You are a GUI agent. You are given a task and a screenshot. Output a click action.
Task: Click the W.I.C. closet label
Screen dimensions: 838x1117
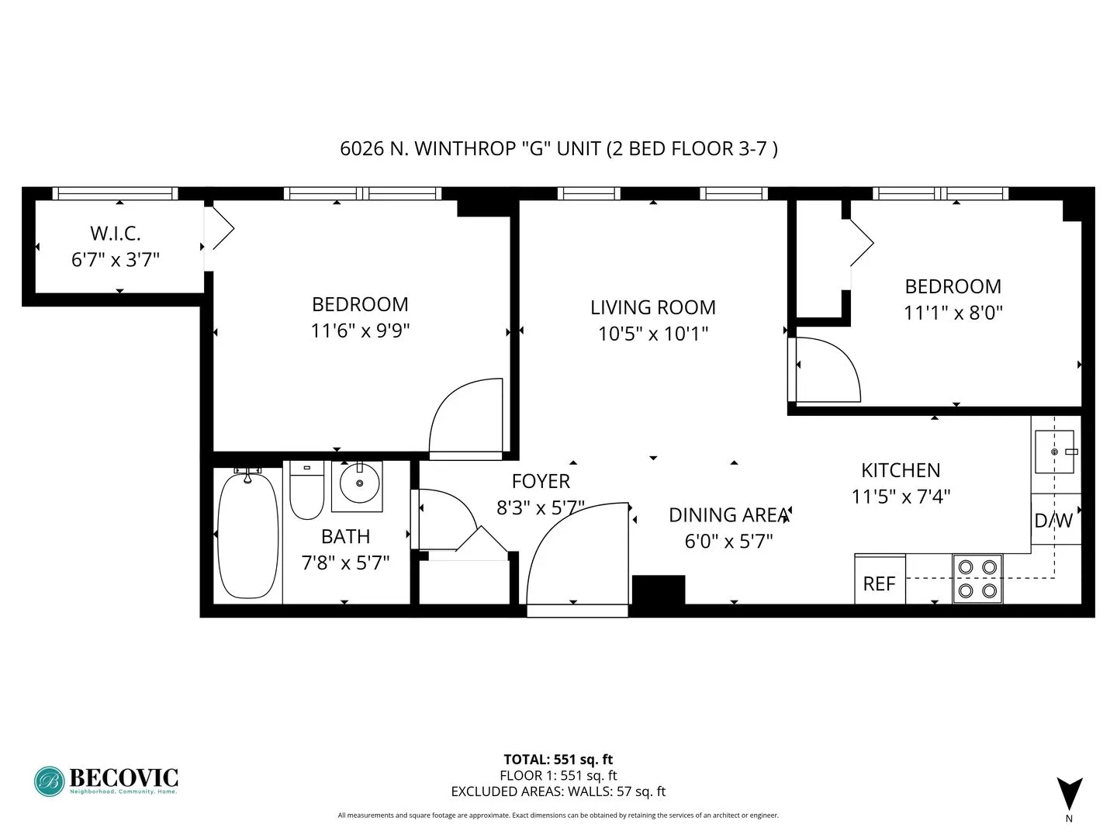coord(116,233)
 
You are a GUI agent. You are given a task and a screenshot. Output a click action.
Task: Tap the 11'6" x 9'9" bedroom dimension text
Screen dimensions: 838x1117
coord(360,331)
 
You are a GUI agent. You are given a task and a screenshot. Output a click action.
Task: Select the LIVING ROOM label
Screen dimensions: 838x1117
coord(652,307)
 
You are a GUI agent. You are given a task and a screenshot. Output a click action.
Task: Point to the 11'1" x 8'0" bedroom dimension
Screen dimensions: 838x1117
coord(953,313)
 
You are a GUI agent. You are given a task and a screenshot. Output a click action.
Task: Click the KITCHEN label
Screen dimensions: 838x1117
coord(901,470)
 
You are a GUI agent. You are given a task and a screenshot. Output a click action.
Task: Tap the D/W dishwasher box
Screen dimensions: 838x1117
coord(1053,520)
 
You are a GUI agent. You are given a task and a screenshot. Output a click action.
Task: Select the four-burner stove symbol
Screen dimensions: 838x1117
coord(977,579)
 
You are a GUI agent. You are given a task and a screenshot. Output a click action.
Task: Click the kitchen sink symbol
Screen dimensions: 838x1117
coord(1054,452)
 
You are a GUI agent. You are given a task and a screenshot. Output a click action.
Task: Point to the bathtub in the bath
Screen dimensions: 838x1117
coord(247,535)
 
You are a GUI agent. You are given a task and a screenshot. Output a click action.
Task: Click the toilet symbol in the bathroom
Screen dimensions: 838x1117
coord(306,490)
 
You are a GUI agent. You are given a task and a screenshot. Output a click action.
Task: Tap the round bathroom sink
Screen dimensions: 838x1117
coord(358,486)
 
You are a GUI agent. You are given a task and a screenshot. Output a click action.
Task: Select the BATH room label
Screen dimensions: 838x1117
coord(345,536)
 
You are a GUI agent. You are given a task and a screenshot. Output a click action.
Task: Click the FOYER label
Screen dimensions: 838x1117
coord(541,481)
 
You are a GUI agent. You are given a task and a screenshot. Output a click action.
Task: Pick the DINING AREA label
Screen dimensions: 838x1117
coord(728,515)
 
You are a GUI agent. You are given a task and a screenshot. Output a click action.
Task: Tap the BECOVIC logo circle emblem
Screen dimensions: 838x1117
coord(50,781)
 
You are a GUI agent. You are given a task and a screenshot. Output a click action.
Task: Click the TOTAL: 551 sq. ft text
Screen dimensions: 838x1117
coord(558,760)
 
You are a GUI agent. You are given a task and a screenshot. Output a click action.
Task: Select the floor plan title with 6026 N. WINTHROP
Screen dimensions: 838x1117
coord(558,148)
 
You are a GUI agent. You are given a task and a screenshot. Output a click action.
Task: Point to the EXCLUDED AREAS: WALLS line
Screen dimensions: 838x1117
coord(558,791)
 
